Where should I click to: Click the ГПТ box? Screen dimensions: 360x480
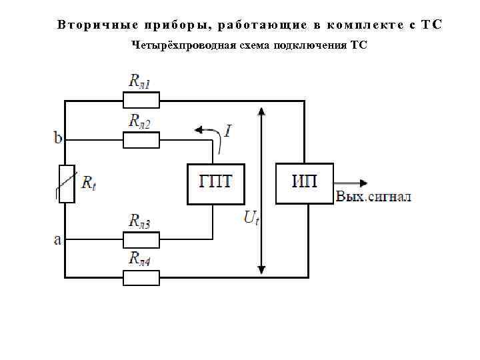coord(213,183)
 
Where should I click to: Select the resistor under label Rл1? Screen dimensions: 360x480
coord(141,101)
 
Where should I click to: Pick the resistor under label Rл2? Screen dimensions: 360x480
coord(141,140)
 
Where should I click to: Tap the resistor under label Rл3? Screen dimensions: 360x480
coord(141,239)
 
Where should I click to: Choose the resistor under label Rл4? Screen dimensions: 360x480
coord(141,277)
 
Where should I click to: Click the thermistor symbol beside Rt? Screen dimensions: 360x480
coord(65,183)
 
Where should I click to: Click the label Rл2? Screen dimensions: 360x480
coord(141,121)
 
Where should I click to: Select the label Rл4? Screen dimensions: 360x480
coord(141,259)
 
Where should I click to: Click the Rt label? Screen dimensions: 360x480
coord(88,183)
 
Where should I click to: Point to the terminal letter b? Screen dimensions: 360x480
coord(58,138)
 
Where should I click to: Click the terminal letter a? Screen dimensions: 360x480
coord(57,239)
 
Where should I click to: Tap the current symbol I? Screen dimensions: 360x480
coord(228,131)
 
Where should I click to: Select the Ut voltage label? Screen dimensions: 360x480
coord(250,217)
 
